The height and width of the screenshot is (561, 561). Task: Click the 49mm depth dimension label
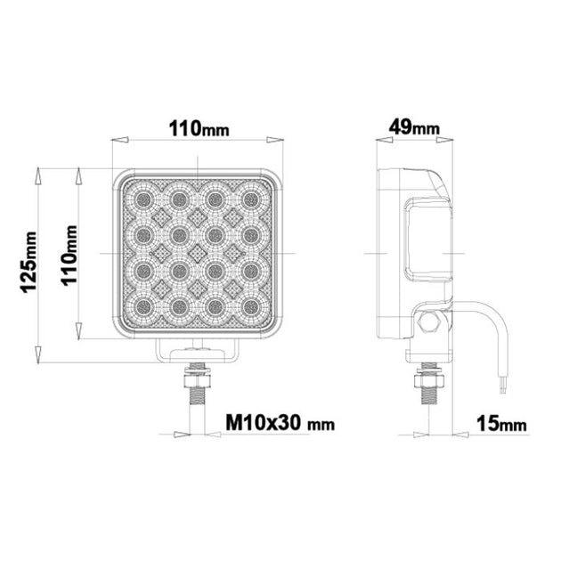click(414, 127)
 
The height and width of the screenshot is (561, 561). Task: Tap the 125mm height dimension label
click(29, 263)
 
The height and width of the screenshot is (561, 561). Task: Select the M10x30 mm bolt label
click(280, 423)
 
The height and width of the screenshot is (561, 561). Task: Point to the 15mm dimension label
click(501, 425)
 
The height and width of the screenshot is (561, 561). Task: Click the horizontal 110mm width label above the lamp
click(199, 128)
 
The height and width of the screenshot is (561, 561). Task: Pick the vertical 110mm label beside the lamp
click(69, 256)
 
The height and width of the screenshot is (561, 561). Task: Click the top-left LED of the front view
click(143, 199)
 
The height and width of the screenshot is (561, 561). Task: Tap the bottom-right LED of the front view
click(251, 306)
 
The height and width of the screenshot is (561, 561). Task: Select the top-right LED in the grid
click(251, 199)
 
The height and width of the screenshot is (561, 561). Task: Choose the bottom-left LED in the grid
click(143, 306)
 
